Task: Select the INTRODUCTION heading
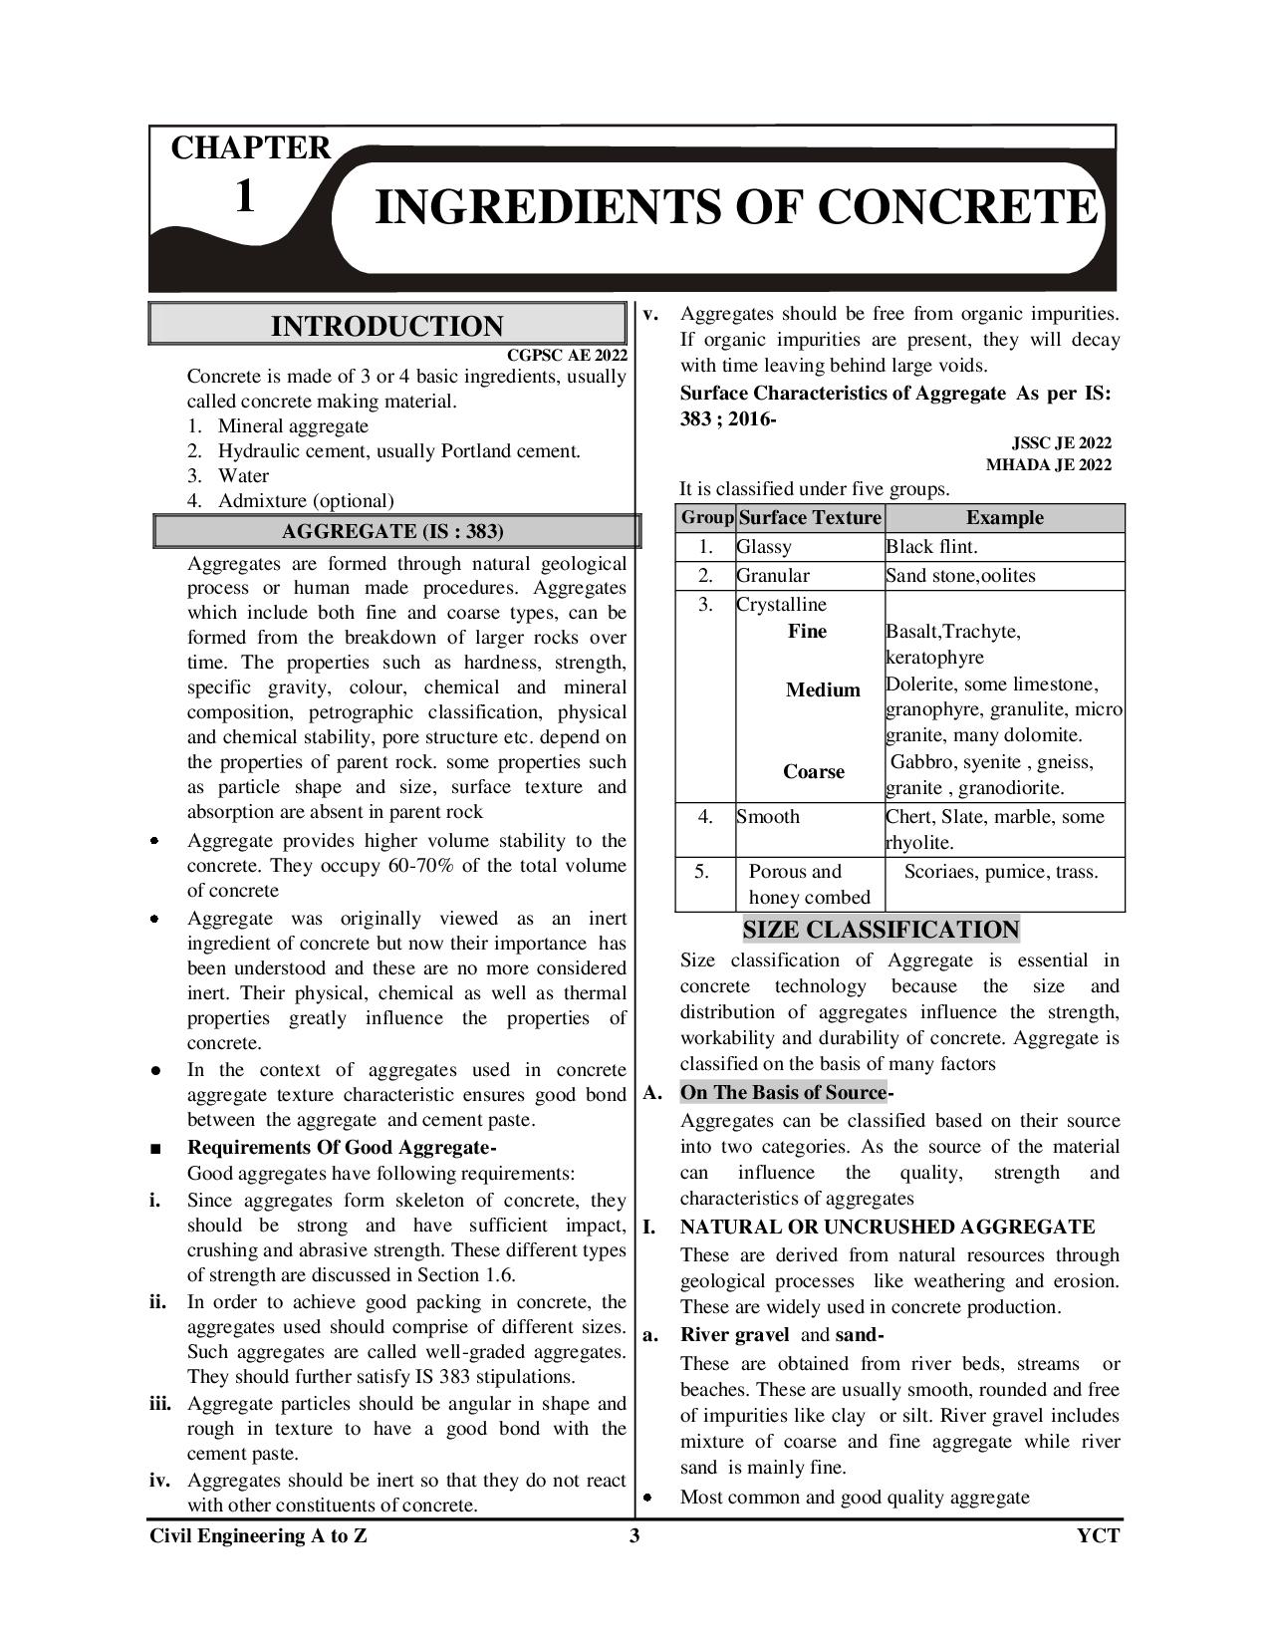(386, 326)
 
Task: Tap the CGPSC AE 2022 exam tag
(567, 355)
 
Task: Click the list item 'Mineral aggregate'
(293, 425)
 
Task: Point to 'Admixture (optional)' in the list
(306, 500)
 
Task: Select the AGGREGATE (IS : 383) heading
(392, 531)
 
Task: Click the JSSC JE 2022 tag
(1062, 442)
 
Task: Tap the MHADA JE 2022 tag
(1049, 464)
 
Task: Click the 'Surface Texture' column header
(811, 518)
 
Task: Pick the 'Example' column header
(1004, 518)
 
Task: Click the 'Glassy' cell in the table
(764, 547)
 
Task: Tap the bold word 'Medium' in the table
(823, 689)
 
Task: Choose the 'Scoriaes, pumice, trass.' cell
(1001, 872)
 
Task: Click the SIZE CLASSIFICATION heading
(881, 930)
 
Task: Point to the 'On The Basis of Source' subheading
(783, 1092)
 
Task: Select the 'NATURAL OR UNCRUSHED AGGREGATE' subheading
(888, 1227)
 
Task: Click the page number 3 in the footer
(635, 1535)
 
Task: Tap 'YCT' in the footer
(1098, 1535)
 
